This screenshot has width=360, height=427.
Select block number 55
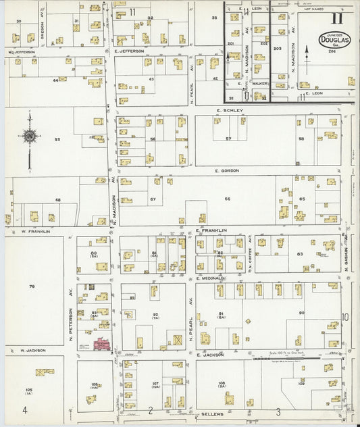[x=57, y=139]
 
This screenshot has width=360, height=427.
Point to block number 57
[x=228, y=139]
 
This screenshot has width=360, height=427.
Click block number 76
[x=32, y=286]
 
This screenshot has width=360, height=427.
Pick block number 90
[x=302, y=313]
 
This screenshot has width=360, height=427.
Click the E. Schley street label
[x=228, y=110]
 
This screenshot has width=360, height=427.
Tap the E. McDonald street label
[x=212, y=278]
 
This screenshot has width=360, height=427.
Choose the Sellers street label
[x=212, y=411]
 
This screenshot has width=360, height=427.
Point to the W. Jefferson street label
[x=22, y=52]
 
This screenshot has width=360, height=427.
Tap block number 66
[x=228, y=199]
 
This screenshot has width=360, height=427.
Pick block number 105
[x=28, y=391]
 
